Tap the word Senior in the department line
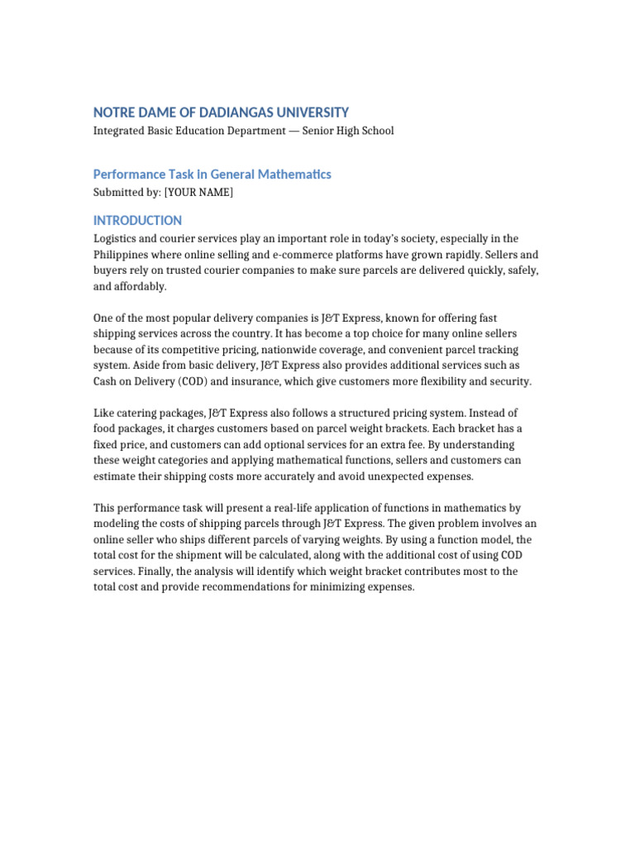tap(318, 131)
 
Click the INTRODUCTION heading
tap(137, 221)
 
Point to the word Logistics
tap(116, 239)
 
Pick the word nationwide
tap(294, 350)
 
